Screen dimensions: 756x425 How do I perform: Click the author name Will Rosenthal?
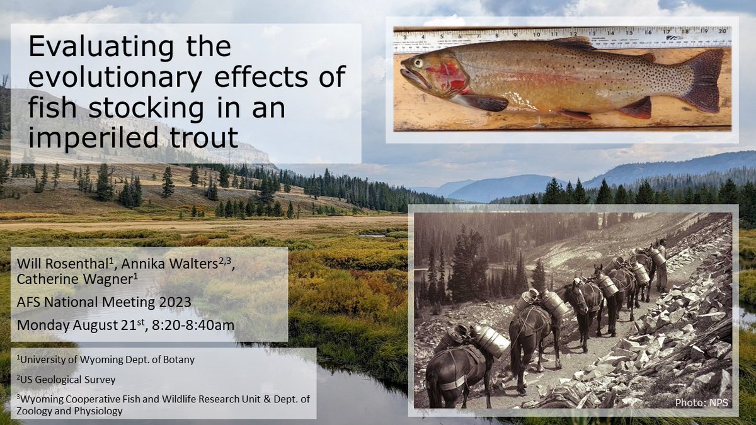(x=62, y=264)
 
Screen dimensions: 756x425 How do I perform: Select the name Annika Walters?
(x=169, y=264)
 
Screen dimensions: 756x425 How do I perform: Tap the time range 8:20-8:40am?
(x=193, y=325)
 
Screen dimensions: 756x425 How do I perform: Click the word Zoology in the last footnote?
(x=34, y=411)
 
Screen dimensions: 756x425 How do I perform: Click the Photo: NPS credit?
(x=701, y=403)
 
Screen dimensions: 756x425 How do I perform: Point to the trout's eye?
(x=418, y=63)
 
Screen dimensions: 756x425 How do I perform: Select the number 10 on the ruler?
(x=536, y=34)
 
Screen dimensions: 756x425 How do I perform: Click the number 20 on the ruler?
(x=722, y=31)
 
